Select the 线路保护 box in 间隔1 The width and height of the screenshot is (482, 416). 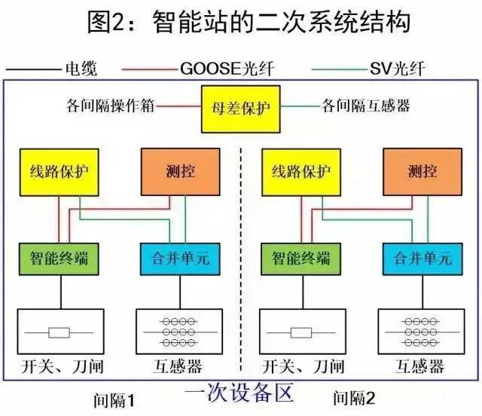pyautogui.click(x=60, y=171)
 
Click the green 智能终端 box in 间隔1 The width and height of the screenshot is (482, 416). pyautogui.click(x=60, y=258)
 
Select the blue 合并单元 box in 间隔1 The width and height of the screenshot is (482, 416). pyautogui.click(x=180, y=258)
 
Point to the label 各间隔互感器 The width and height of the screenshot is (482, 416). pyautogui.click(x=366, y=106)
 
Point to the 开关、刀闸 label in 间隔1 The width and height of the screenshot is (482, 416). pyautogui.click(x=60, y=367)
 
